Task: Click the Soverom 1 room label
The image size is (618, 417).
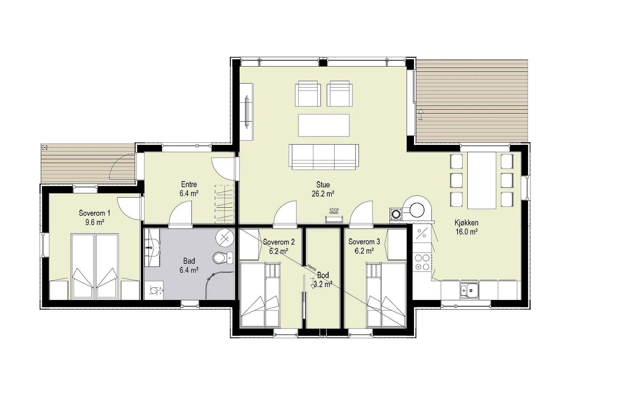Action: point(94,213)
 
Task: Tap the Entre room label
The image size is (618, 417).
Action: point(189,185)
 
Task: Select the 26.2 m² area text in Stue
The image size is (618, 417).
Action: point(323,194)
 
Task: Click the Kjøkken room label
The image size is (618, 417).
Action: point(466,223)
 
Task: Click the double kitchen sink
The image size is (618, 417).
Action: point(469,290)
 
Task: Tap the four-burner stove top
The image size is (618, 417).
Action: point(422,262)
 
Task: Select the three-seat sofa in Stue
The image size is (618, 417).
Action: point(324,157)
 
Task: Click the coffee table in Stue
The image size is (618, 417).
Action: point(324,125)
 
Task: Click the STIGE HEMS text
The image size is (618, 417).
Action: point(334,211)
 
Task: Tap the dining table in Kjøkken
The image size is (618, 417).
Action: point(482,180)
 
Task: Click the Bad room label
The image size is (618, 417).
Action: point(189,261)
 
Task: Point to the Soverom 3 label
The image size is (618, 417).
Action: point(364,242)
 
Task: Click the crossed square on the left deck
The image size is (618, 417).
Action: point(44,147)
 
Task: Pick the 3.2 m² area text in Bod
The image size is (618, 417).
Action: point(323,284)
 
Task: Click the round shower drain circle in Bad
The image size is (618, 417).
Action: point(225,238)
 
